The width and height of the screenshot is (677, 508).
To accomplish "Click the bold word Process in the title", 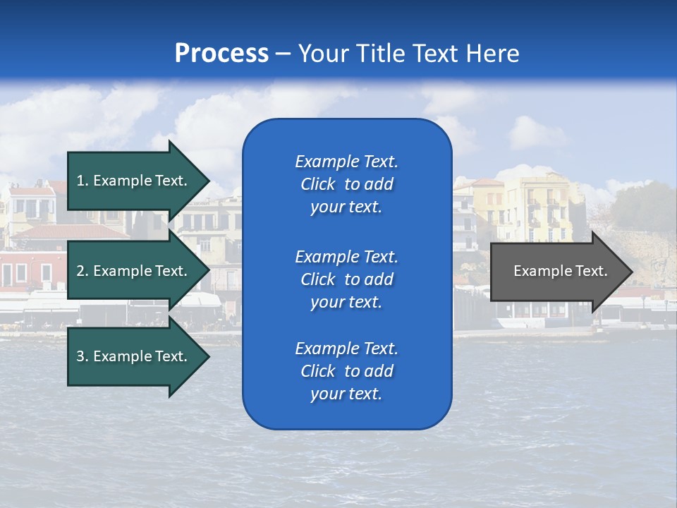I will [221, 54].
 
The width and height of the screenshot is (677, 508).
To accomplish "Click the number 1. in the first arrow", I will [83, 181].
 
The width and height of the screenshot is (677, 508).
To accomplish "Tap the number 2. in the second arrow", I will [83, 271].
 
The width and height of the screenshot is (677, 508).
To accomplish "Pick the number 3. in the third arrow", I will [83, 356].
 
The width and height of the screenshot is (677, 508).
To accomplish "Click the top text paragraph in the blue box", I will [346, 184].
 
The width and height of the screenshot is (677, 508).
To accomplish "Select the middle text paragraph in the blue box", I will [346, 279].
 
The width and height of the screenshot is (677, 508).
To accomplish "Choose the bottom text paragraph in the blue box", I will [346, 371].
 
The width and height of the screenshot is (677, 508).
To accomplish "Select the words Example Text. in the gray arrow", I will [561, 271].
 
